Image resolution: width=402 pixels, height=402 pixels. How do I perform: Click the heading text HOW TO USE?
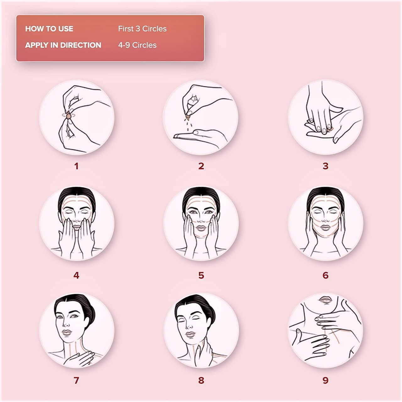point(49,29)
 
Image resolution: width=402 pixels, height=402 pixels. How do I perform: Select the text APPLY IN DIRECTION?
point(63,45)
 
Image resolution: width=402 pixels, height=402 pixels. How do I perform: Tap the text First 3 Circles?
point(142,29)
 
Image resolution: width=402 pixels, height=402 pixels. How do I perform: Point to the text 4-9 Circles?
point(137,45)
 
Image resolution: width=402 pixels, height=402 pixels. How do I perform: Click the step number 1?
point(76,166)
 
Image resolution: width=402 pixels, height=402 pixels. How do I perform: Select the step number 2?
point(201,166)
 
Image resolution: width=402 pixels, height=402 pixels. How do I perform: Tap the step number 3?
point(325,166)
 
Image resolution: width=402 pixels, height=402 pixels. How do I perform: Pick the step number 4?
point(76,275)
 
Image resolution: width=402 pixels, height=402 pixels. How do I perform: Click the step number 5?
point(201,275)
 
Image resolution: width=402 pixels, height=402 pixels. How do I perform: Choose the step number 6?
point(325,275)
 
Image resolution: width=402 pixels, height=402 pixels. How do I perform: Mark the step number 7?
point(76,380)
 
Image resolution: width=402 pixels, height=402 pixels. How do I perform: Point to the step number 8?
point(201,380)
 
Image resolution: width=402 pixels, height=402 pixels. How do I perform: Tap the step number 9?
point(325,380)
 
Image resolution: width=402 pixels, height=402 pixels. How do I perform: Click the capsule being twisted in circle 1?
point(69,116)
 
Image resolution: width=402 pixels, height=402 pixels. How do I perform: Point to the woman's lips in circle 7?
point(67,332)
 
